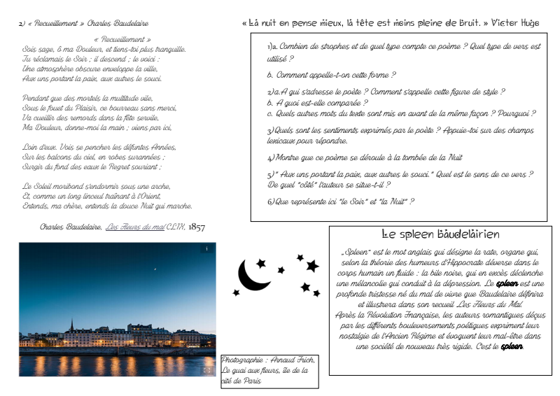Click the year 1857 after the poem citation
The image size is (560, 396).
[x=197, y=227]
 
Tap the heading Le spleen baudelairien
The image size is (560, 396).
[x=440, y=234]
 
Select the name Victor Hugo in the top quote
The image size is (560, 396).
[x=515, y=23]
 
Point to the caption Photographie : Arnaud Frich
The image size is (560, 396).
[x=268, y=360]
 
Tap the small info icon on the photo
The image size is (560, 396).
[x=206, y=248]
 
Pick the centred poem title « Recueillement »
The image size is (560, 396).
[x=122, y=40]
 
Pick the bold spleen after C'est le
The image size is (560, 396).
[x=512, y=346]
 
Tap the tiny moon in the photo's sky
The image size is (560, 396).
[x=155, y=268]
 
